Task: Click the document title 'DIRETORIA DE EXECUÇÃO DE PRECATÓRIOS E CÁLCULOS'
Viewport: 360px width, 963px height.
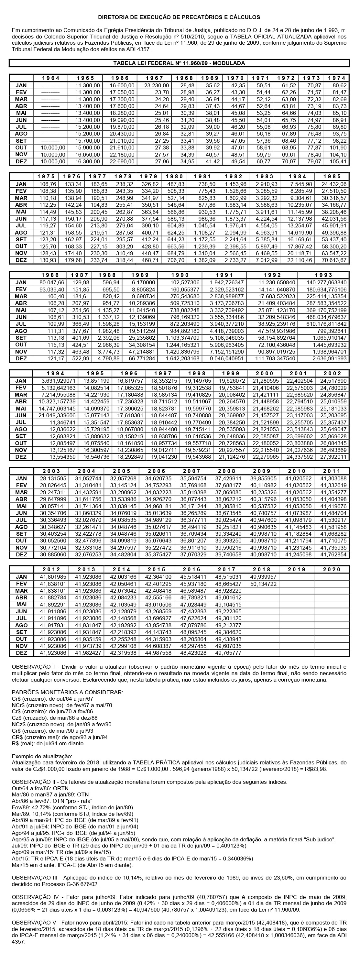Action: (179, 17)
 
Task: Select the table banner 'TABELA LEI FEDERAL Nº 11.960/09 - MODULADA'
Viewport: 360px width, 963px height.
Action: (179, 63)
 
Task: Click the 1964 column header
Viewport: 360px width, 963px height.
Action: (50, 78)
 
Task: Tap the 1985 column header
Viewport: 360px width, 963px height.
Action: (332, 176)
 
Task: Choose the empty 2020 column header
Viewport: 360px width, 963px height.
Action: (332, 569)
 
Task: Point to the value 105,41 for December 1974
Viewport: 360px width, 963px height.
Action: (338, 162)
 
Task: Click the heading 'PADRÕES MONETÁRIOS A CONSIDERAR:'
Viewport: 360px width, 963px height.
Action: (67, 692)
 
